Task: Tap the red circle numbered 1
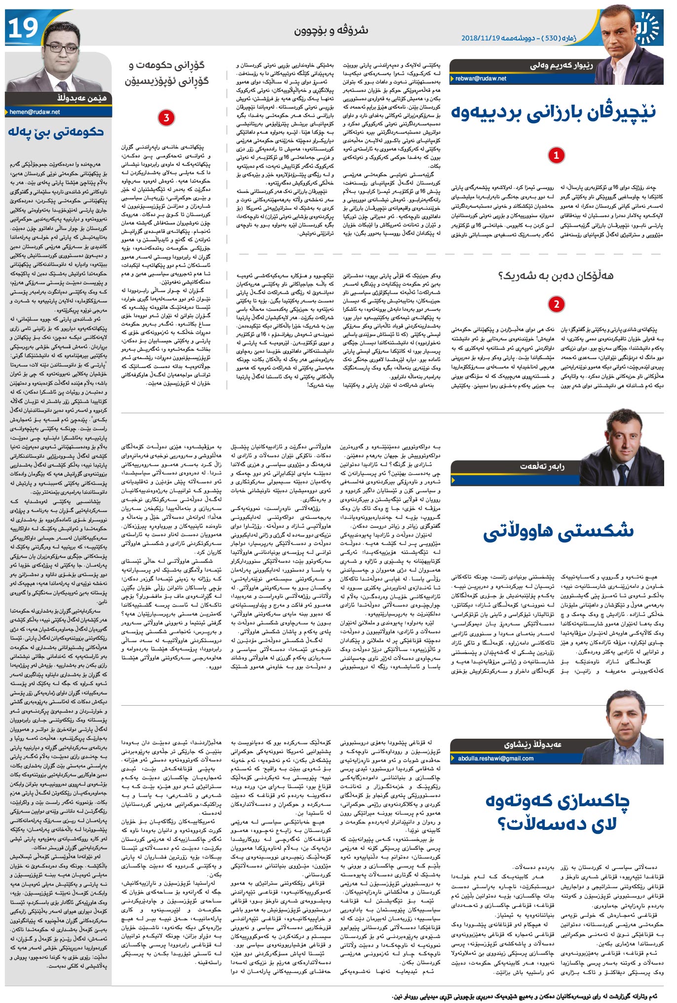[x=556, y=155]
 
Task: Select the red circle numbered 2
[x=556, y=304]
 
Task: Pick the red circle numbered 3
[x=166, y=117]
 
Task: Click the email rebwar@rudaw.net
[x=481, y=78]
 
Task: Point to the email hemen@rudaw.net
[x=35, y=112]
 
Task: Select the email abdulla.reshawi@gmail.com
[x=495, y=758]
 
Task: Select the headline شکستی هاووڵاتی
[x=558, y=531]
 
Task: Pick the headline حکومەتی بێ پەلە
[x=56, y=132]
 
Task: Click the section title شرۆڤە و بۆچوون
[x=331, y=31]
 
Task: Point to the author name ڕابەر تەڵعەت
[x=542, y=466]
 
